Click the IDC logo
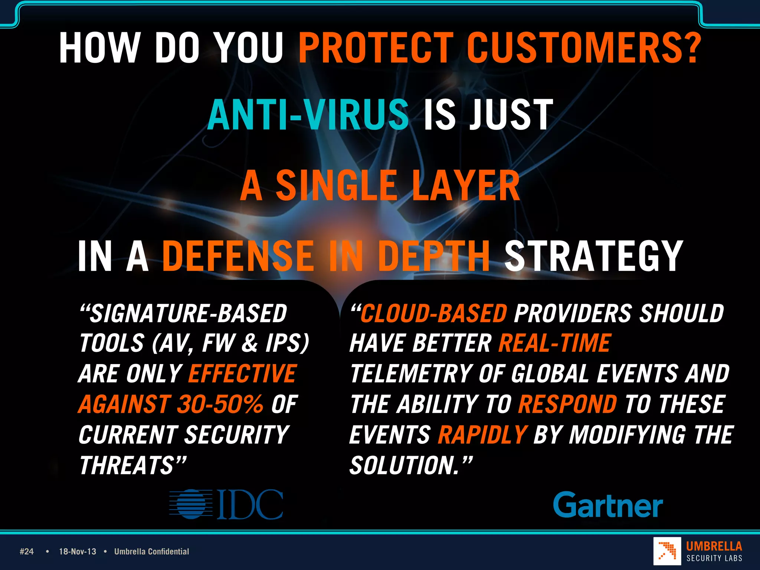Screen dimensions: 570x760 click(x=226, y=504)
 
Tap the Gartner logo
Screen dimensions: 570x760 click(x=608, y=505)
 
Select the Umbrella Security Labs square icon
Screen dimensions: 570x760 click(x=667, y=551)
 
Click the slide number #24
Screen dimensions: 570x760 click(x=27, y=551)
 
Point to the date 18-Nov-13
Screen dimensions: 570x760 click(x=78, y=551)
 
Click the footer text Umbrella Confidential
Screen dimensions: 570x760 click(x=151, y=551)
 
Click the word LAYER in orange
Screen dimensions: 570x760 click(x=466, y=186)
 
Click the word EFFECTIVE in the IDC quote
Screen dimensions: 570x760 click(x=242, y=373)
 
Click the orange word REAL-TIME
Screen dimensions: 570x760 click(x=554, y=343)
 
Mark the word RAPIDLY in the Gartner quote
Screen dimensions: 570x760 click(x=482, y=435)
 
